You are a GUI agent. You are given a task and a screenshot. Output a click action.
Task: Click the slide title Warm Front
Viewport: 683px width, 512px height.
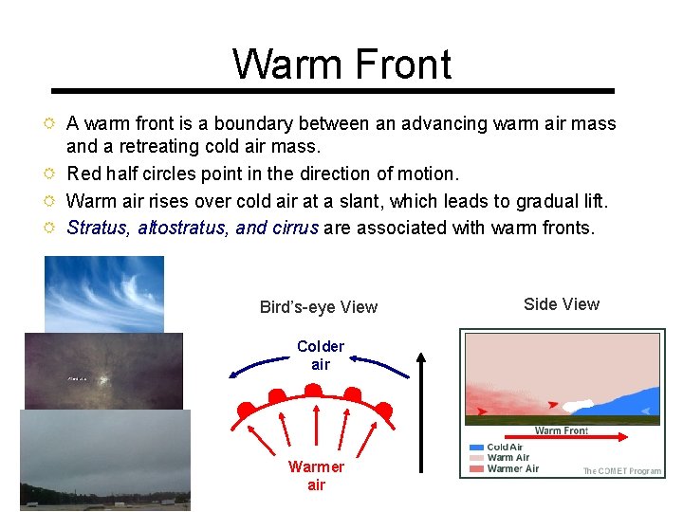pyautogui.click(x=341, y=64)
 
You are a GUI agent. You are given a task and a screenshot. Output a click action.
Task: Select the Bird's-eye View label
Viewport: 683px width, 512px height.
pyautogui.click(x=319, y=307)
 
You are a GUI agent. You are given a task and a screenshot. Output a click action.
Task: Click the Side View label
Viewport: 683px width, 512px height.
pyautogui.click(x=562, y=304)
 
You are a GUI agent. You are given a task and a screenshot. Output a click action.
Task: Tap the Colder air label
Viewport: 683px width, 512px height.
pyautogui.click(x=321, y=356)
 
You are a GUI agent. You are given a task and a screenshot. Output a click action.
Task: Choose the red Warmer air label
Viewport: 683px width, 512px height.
pyautogui.click(x=317, y=476)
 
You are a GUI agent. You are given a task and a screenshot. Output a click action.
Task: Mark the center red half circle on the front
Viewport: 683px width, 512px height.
pyautogui.click(x=313, y=390)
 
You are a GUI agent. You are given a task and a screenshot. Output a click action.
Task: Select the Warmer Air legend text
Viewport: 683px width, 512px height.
pyautogui.click(x=513, y=468)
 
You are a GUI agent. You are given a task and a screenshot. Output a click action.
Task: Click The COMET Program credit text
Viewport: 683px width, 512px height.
pyautogui.click(x=621, y=471)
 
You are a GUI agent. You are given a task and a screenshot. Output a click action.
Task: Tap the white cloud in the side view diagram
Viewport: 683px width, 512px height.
pyautogui.click(x=579, y=405)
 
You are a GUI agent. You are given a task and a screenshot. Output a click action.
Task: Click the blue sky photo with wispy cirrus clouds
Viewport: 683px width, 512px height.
pyautogui.click(x=104, y=294)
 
